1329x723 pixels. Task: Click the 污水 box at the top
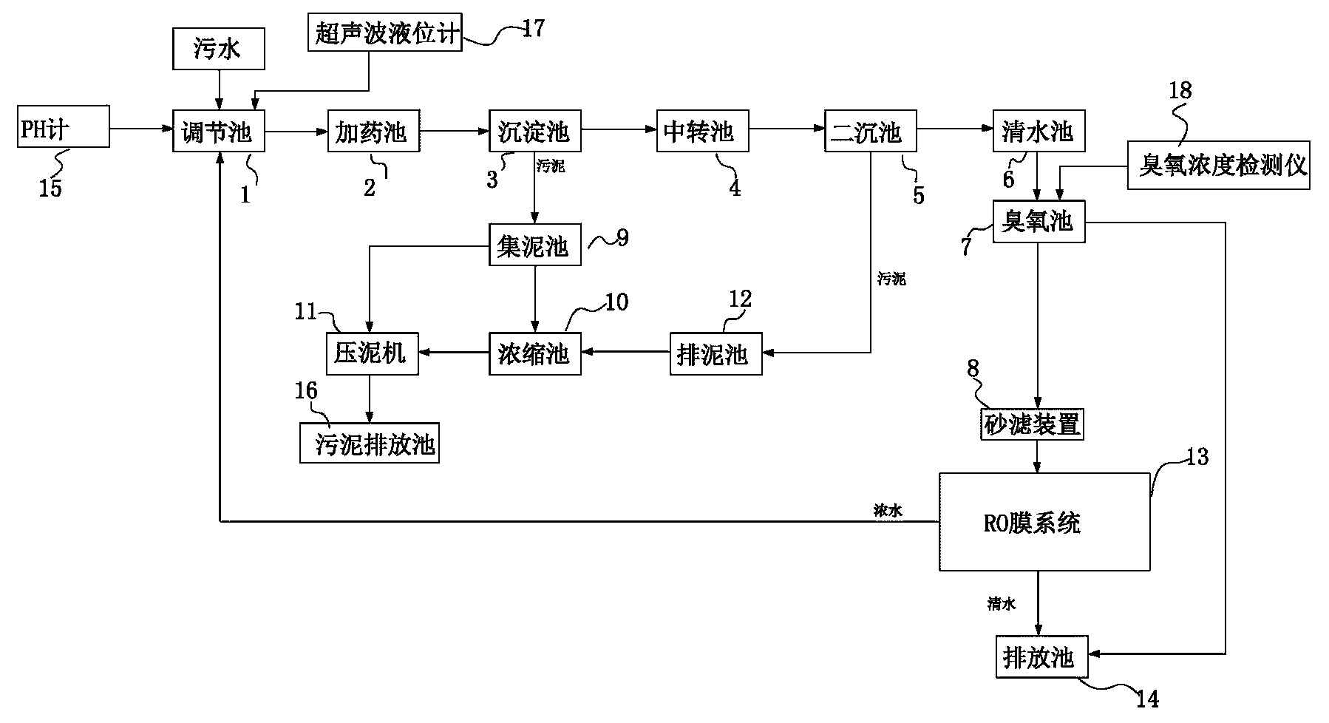218,50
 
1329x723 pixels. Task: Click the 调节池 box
218,132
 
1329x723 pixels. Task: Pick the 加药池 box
373,132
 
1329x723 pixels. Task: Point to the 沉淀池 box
534,132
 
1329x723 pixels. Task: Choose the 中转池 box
702,132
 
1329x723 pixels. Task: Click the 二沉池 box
870,132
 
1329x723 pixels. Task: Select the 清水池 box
1039,132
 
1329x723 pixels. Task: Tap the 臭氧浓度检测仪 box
1219,166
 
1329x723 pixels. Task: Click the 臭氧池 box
1039,221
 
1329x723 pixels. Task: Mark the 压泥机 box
372,353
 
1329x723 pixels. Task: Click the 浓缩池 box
534,354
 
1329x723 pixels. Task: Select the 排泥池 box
716,354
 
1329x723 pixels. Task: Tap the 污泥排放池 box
370,444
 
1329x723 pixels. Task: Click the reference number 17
533,29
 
